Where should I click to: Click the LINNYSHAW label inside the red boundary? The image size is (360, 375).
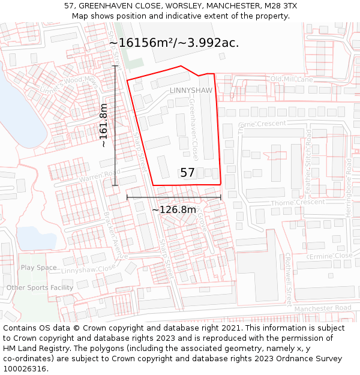[x=191, y=91]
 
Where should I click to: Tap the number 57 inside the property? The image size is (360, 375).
[x=187, y=173]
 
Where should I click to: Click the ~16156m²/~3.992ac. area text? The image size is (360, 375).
[x=174, y=43]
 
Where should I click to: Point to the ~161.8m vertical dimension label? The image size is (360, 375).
[x=103, y=125]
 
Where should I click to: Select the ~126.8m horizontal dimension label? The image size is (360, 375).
[x=173, y=210]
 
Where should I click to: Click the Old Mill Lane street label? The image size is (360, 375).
[x=292, y=79]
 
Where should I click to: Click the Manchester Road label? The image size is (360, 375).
[x=323, y=308]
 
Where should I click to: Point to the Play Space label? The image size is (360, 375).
[x=38, y=268]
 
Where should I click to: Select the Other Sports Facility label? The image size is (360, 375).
[x=40, y=288]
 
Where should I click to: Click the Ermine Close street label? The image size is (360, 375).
[x=331, y=256]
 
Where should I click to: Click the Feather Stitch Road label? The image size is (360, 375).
[x=308, y=162]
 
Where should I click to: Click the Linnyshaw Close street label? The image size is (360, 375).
[x=88, y=270]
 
